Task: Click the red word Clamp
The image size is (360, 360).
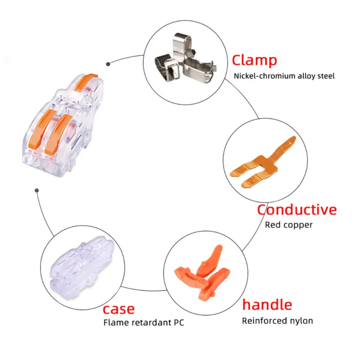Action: click(x=254, y=60)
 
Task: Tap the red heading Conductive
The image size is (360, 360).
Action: click(x=297, y=210)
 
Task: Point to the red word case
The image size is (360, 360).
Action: click(x=119, y=309)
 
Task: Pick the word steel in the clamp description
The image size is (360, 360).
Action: click(x=326, y=76)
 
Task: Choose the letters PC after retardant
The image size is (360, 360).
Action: click(x=179, y=323)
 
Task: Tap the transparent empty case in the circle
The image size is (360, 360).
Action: click(x=82, y=268)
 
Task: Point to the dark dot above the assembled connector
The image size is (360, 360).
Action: click(x=108, y=64)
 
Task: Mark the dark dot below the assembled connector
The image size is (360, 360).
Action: click(x=37, y=190)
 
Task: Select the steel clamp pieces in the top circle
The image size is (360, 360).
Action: click(x=185, y=59)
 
